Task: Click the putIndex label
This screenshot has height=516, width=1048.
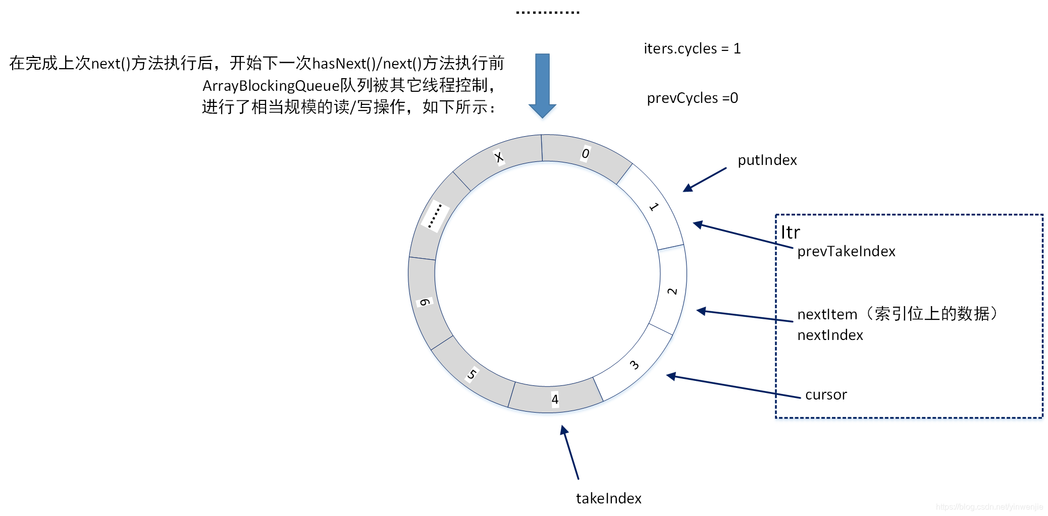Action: point(767,160)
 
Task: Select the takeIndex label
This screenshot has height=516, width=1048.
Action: point(608,498)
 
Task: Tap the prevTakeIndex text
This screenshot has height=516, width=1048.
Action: point(846,251)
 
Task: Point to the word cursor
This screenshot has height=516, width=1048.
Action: point(826,394)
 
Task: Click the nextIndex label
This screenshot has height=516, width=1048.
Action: point(830,335)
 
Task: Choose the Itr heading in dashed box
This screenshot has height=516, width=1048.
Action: point(790,233)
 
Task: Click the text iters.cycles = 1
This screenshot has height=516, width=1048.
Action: point(692,48)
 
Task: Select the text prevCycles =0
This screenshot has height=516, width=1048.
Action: point(692,98)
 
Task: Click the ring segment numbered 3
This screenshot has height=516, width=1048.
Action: point(634,365)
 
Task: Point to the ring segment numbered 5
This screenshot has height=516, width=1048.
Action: point(471,374)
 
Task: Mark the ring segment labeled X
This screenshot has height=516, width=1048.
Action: point(499,157)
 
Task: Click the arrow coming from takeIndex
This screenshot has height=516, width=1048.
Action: point(571,452)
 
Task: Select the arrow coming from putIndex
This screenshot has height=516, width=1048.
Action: point(705,180)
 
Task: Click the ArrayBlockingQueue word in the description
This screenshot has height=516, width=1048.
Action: point(271,86)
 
